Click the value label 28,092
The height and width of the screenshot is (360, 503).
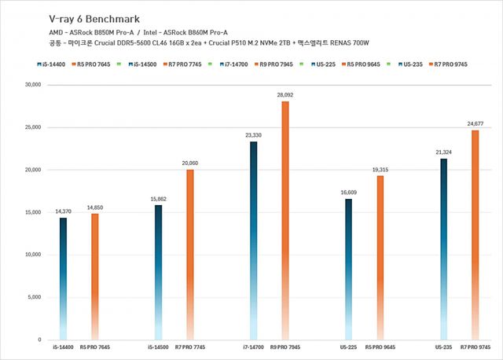[x=285, y=95]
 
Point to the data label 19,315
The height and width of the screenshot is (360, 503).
[x=380, y=169]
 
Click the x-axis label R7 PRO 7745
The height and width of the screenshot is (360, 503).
[x=190, y=347]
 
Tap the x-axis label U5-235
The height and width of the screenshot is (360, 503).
[x=443, y=347]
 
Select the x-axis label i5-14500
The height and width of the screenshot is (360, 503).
[x=159, y=347]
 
